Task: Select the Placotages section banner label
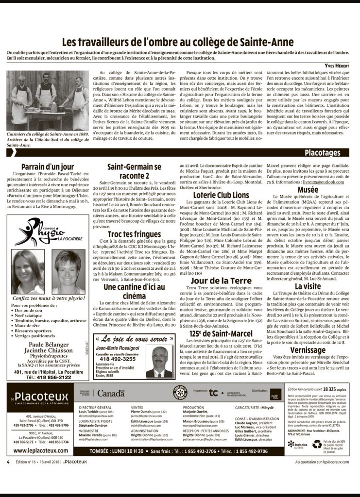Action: click(x=322, y=153)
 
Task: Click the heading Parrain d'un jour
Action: click(x=48, y=167)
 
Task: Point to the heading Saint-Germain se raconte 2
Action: click(x=134, y=171)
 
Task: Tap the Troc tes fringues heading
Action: click(x=134, y=234)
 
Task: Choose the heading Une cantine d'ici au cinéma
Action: click(x=134, y=292)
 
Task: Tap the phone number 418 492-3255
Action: click(x=118, y=360)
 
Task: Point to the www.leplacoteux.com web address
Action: click(x=37, y=450)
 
